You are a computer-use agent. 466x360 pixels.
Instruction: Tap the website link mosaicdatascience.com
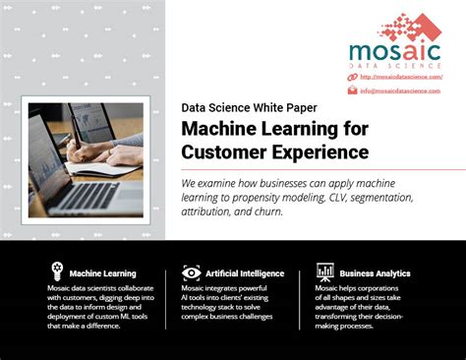(400, 77)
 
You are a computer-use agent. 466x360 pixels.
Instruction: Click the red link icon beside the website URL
(352, 77)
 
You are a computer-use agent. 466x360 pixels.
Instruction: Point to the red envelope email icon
(352, 90)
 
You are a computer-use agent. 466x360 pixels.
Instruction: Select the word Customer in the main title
(222, 151)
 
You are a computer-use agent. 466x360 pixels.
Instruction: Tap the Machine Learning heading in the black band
(103, 272)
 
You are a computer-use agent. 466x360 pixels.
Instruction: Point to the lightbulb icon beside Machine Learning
(57, 271)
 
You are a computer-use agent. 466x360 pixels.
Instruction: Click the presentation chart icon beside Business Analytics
(324, 271)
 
